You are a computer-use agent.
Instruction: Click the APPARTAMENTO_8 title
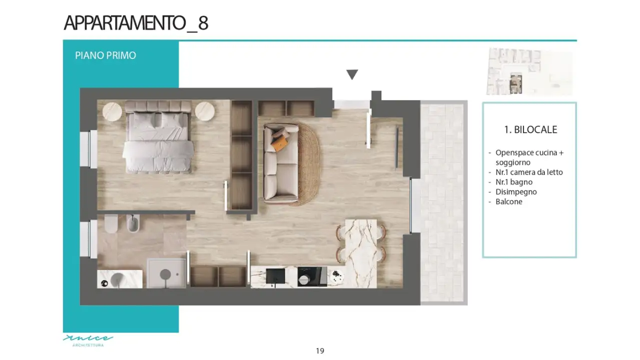(136, 23)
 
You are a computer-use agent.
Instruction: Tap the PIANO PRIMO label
(106, 55)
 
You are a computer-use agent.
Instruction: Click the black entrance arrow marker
(352, 75)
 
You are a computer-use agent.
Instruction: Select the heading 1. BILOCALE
(530, 129)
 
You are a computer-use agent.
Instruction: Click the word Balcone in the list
(508, 201)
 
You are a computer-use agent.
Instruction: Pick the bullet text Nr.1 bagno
(513, 182)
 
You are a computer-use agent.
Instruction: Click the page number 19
(320, 351)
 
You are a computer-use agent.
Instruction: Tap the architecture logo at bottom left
(88, 340)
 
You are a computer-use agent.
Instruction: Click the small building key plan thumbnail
(529, 71)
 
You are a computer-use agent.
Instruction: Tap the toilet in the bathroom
(111, 224)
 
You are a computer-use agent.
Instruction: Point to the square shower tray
(166, 273)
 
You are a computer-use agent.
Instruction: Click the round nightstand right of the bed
(205, 111)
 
